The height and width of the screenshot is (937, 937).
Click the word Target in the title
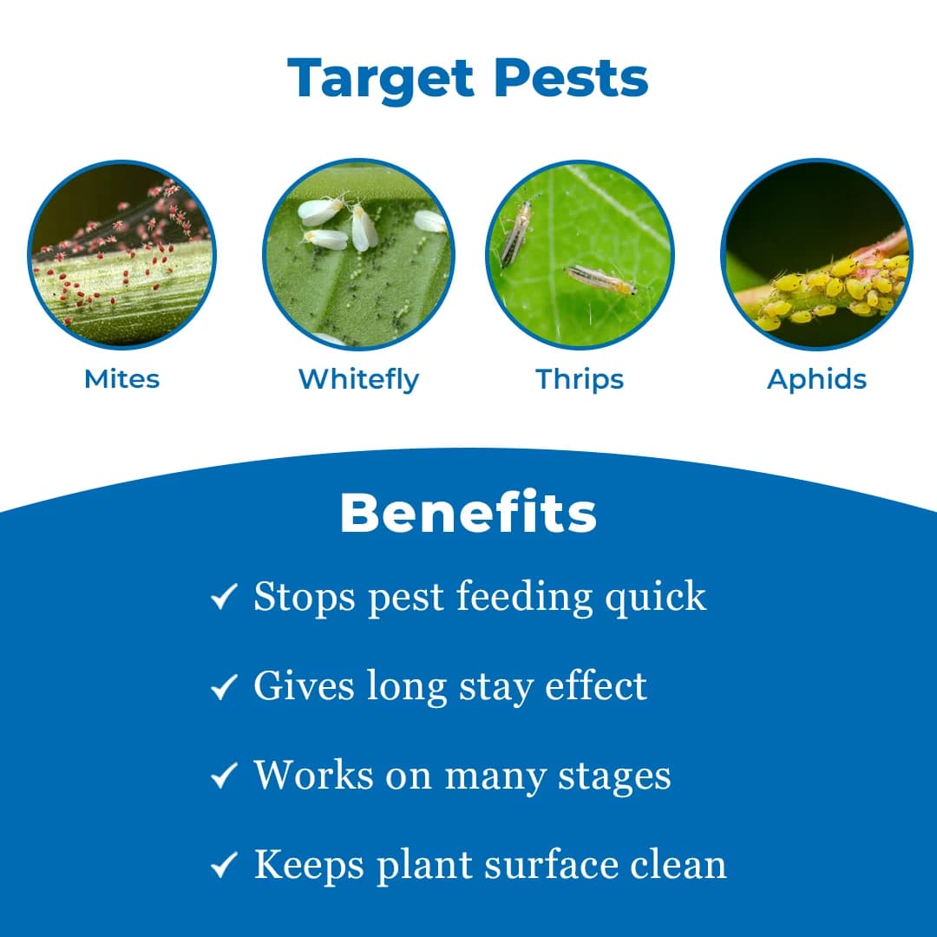pos(382,79)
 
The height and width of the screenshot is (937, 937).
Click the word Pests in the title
pos(571,79)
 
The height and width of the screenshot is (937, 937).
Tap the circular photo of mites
pos(121,254)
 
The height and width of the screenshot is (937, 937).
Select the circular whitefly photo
pos(358,254)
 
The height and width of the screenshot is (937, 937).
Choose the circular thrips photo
pos(580,254)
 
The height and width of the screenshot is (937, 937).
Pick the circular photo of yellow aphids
pos(816,254)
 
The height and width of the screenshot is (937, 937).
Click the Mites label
pos(121,379)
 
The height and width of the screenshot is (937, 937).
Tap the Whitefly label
pos(358,379)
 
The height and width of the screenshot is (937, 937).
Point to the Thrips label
pos(580,379)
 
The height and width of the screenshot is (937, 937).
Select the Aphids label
pos(816,379)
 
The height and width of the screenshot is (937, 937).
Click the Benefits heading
pos(468,514)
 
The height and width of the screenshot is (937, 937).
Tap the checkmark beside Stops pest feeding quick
pos(224,597)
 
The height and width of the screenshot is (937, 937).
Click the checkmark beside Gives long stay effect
pos(224,687)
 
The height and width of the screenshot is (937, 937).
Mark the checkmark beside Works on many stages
pos(224,776)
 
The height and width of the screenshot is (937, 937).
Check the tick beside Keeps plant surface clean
pos(224,865)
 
